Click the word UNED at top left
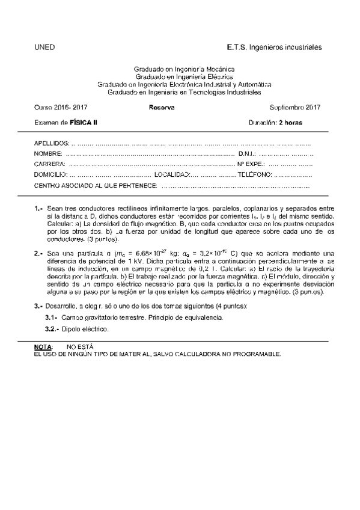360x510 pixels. coord(45,46)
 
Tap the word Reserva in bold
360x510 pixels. coord(161,108)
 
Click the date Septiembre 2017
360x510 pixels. coord(295,108)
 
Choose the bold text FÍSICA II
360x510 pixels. coord(84,122)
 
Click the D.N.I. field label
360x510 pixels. coord(247,154)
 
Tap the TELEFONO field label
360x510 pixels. coord(254,174)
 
